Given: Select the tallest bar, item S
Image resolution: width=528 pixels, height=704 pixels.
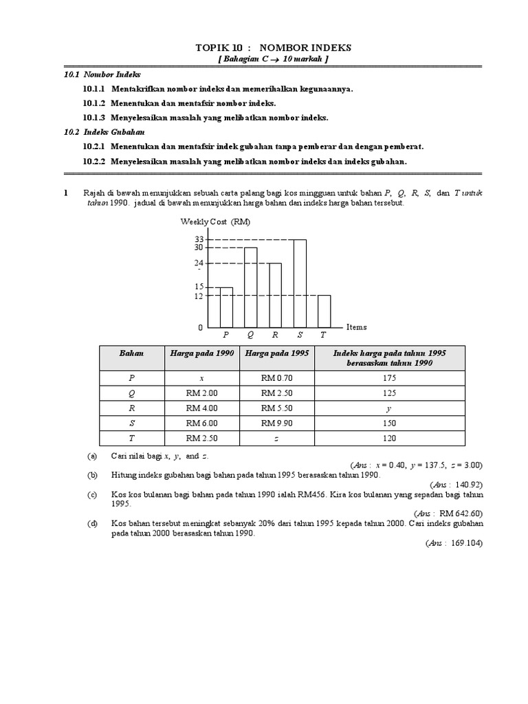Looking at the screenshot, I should (x=299, y=283).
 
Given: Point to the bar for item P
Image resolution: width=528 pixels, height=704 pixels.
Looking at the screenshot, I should (x=226, y=307).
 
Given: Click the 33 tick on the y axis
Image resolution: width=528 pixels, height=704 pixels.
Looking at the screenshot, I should (x=199, y=239).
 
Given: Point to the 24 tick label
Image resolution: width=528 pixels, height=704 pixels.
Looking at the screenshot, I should (x=199, y=263).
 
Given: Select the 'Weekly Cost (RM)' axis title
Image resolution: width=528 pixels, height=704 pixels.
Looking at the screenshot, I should (x=215, y=221).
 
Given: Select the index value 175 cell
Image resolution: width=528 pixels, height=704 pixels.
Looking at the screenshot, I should (x=390, y=377).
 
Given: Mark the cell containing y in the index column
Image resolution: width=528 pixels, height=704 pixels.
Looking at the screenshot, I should (x=390, y=408).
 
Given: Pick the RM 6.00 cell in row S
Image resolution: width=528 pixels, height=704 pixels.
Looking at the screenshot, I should (x=201, y=423).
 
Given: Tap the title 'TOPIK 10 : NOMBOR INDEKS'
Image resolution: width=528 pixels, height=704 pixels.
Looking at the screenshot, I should (x=264, y=47).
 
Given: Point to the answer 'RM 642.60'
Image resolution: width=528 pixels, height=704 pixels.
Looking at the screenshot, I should (x=459, y=513).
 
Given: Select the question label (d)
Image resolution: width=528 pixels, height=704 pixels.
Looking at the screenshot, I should (x=92, y=523).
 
